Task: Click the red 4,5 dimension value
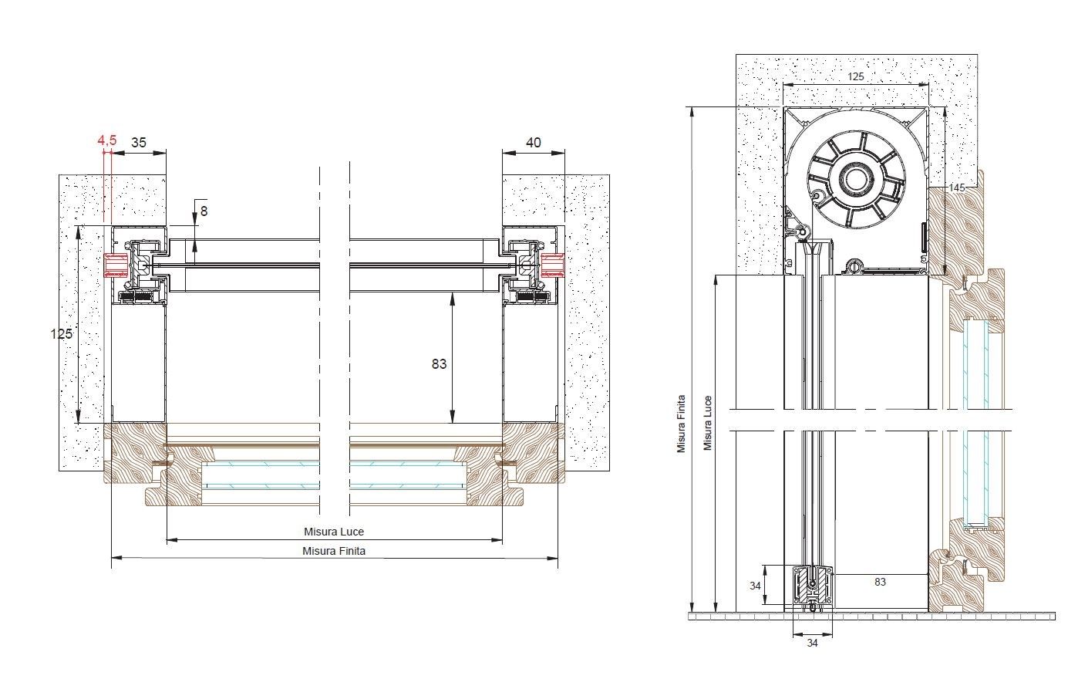click(106, 140)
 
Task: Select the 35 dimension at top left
click(139, 142)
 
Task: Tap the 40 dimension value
click(534, 142)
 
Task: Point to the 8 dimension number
click(204, 211)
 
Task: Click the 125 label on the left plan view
click(62, 333)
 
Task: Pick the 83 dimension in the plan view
click(439, 364)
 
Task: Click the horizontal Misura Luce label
click(334, 532)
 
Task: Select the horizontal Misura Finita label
click(334, 551)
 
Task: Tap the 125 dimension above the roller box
click(856, 76)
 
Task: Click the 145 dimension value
click(956, 187)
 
